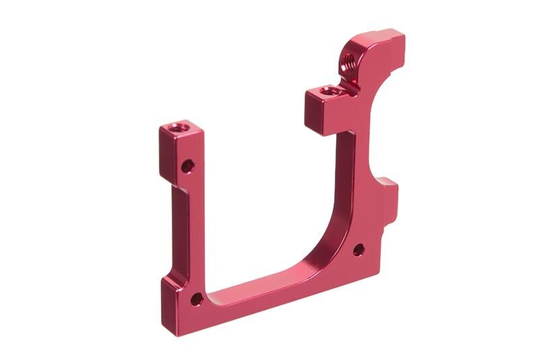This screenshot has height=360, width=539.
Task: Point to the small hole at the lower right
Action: (358, 249)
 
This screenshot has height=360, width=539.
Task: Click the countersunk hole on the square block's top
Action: (329, 90)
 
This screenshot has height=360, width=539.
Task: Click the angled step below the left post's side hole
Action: (173, 186)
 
